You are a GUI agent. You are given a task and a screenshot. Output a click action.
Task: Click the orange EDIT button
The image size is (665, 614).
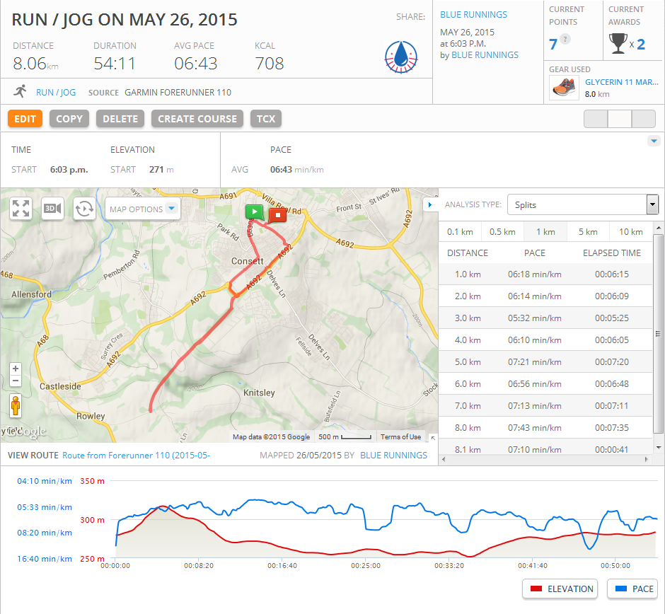pyautogui.click(x=25, y=119)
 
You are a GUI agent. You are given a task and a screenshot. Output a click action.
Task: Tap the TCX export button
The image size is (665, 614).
pyautogui.click(x=266, y=119)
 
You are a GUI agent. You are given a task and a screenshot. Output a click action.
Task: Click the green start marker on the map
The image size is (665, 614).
pyautogui.click(x=254, y=212)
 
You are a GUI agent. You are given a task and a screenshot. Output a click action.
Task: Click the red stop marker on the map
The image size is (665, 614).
pyautogui.click(x=277, y=214)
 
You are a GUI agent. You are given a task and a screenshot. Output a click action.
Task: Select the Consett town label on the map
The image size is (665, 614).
pyautogui.click(x=248, y=261)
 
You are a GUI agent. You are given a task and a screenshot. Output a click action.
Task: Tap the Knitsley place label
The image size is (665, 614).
pyautogui.click(x=259, y=393)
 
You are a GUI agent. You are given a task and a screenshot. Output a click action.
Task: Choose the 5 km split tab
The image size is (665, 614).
pyautogui.click(x=588, y=232)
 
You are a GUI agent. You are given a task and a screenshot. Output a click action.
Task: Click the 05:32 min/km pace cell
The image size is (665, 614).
pyautogui.click(x=534, y=318)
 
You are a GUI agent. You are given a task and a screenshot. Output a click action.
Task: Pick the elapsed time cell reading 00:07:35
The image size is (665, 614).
pyautogui.click(x=611, y=428)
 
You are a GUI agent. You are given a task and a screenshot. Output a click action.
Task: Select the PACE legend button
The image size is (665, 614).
pyautogui.click(x=633, y=589)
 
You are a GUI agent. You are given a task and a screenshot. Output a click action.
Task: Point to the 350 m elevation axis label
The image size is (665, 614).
pyautogui.click(x=93, y=481)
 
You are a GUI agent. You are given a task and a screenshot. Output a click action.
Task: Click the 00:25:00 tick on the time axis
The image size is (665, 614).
pyautogui.click(x=366, y=566)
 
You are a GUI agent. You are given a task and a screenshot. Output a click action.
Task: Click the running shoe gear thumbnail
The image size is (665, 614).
pyautogui.click(x=563, y=88)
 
